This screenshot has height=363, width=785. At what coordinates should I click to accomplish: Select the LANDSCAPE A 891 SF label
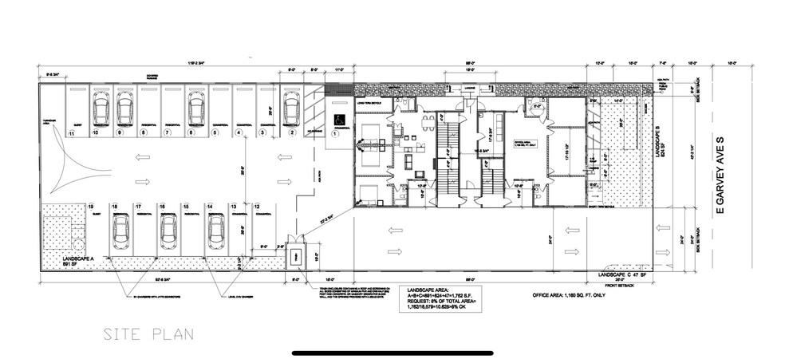pos(77,263)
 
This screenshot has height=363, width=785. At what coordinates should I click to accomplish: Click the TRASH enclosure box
pos(294,256)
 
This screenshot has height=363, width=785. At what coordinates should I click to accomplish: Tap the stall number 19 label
pos(92,206)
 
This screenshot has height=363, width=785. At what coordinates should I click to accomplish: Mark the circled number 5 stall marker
pos(216,133)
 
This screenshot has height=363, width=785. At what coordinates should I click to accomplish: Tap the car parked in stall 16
pos(168,232)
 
